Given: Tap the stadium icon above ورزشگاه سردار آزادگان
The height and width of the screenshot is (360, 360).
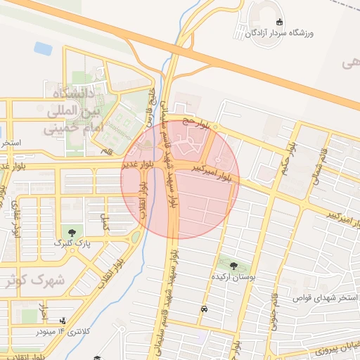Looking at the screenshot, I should [x=280, y=21].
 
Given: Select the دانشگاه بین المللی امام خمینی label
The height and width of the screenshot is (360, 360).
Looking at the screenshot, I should [x=77, y=111].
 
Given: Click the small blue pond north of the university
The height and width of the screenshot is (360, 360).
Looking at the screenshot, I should [x=43, y=49].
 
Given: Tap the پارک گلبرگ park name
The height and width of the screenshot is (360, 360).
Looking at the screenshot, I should [x=72, y=243].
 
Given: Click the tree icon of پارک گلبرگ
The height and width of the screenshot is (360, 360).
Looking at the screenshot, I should [x=72, y=231].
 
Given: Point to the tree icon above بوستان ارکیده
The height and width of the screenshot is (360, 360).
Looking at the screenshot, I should [x=233, y=266].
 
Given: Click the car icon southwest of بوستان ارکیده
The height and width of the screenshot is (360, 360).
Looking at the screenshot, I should [x=205, y=309].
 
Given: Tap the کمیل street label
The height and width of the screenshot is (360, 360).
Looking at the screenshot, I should [x=107, y=224].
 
